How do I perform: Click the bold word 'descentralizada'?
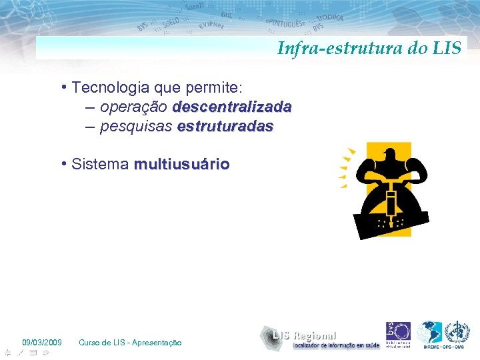[232, 107]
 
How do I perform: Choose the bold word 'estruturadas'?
[225, 126]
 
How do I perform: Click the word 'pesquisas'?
[137, 126]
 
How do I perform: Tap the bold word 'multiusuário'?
[181, 164]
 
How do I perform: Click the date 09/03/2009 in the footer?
[41, 342]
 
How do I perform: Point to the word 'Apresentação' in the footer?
[157, 342]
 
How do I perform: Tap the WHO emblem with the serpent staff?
[457, 332]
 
